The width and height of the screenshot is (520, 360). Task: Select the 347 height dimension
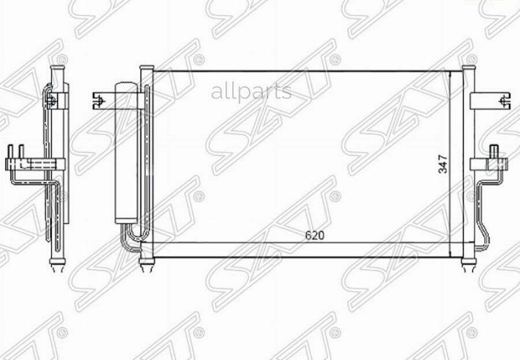[443, 164]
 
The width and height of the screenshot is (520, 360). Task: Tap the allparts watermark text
[251, 91]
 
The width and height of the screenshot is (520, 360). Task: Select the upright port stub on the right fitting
[494, 152]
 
